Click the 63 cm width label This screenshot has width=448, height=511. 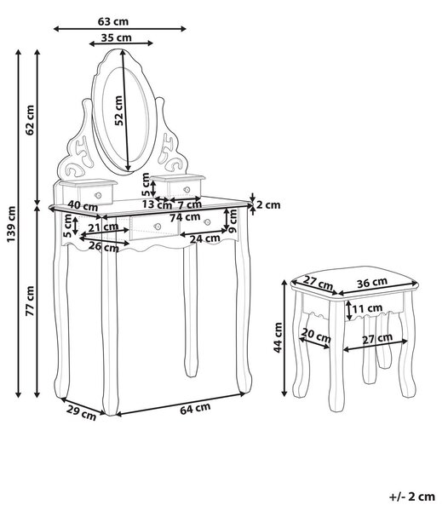[x=113, y=21]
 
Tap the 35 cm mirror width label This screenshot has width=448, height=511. [x=117, y=37]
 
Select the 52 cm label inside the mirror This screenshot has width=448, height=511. [x=119, y=111]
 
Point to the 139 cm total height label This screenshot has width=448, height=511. [x=11, y=224]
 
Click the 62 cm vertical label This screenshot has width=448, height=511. [x=30, y=120]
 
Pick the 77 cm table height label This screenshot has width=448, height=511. [x=30, y=301]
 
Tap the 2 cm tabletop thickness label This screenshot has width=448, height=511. [x=268, y=205]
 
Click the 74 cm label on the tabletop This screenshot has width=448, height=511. [x=185, y=216]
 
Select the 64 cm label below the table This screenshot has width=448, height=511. [x=195, y=409]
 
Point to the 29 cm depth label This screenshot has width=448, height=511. [x=82, y=412]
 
